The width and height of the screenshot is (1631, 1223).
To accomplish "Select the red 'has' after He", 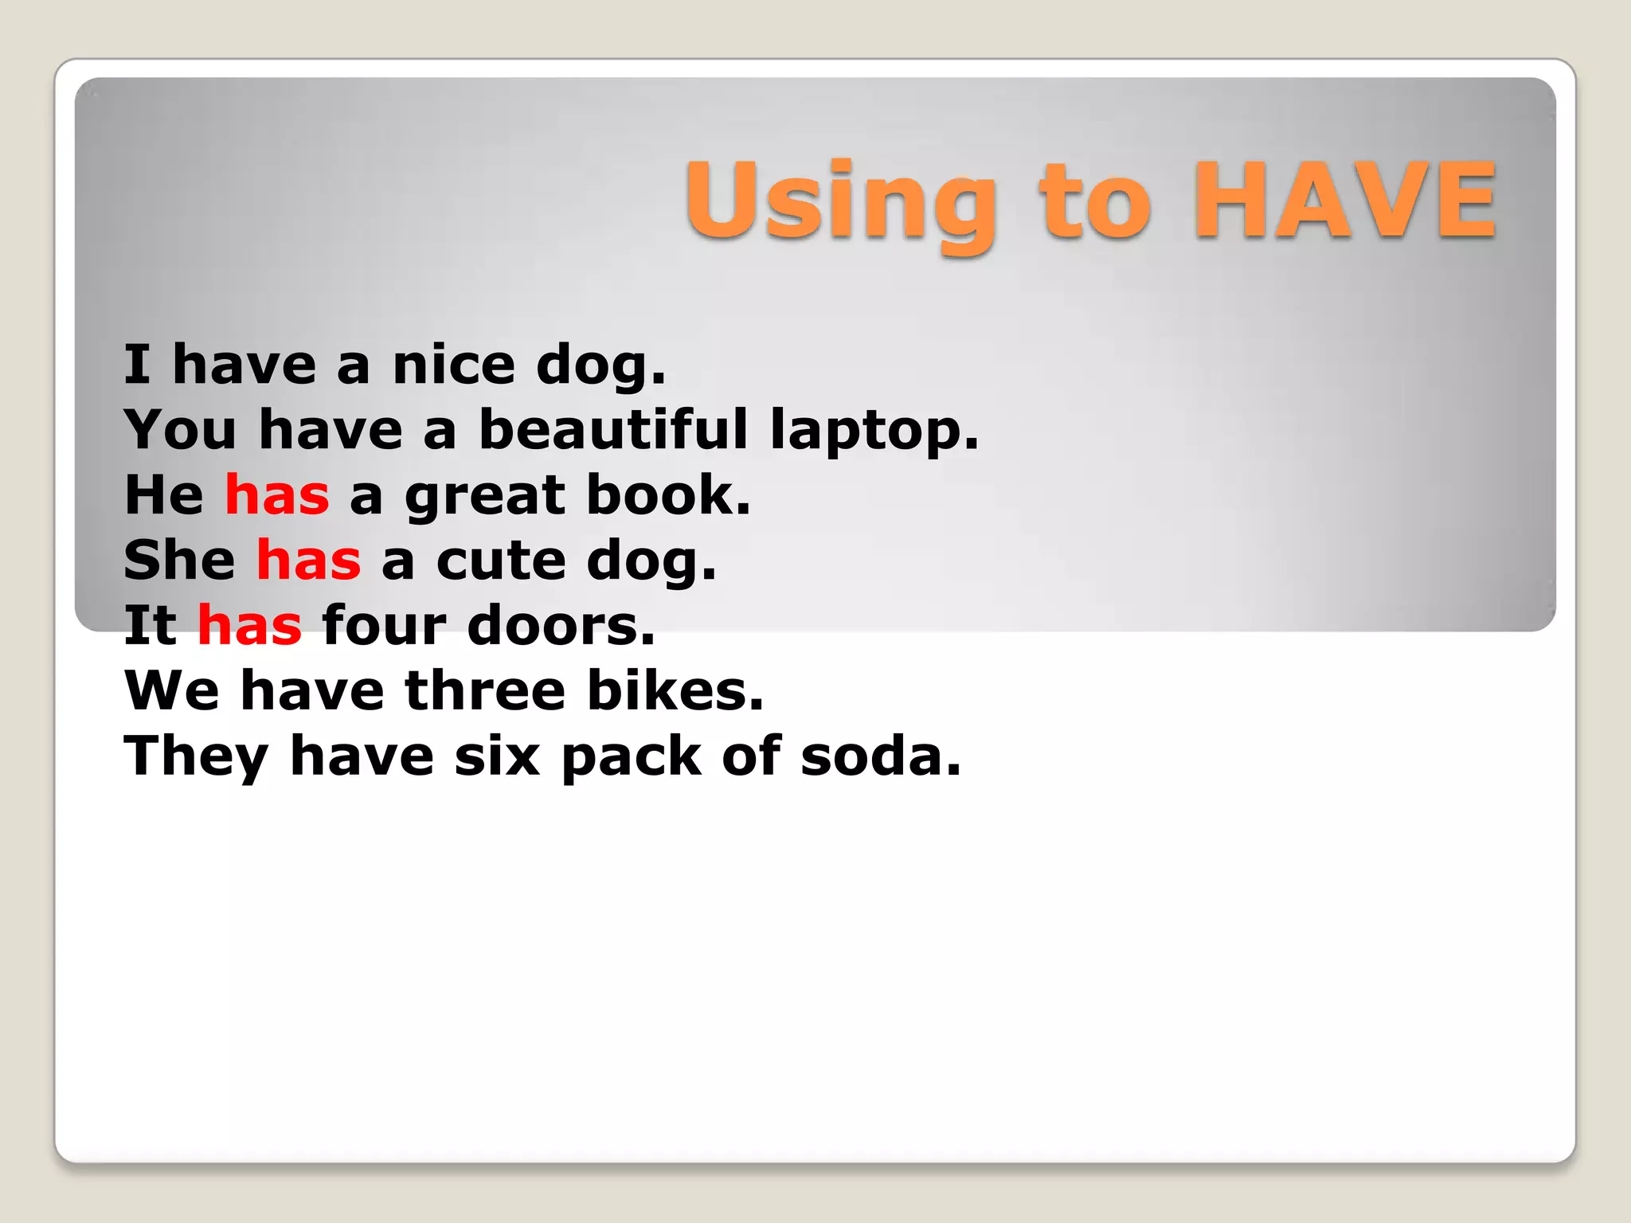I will click(277, 495).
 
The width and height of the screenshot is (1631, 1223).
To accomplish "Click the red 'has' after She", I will click(308, 561).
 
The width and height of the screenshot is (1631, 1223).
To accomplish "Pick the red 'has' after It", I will click(249, 626).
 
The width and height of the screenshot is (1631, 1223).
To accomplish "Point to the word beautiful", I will click(613, 430).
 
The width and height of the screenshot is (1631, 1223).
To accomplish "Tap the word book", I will click(668, 495).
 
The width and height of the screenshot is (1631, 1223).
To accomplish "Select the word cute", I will click(501, 561).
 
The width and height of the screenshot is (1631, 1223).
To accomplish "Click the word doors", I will click(561, 626).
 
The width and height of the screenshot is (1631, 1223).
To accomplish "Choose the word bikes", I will click(675, 691).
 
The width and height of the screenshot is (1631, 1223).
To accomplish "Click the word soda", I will click(881, 756).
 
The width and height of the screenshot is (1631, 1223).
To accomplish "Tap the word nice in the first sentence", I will click(454, 365).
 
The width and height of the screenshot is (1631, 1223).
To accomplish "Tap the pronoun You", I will click(181, 430).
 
